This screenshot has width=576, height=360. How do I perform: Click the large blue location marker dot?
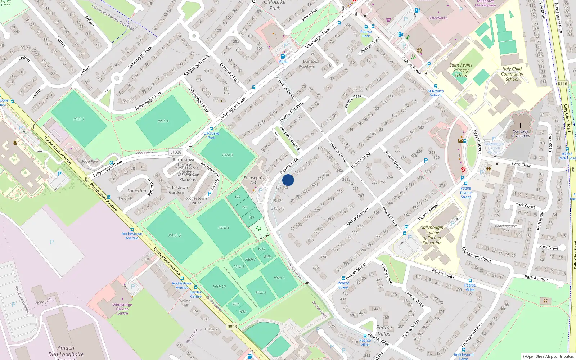288,180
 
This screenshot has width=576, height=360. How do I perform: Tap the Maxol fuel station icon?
283,57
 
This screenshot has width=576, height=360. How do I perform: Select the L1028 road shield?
176,152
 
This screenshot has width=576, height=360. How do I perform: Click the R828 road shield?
232,327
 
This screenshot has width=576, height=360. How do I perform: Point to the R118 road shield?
562,84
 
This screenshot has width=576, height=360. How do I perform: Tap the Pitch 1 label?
79,119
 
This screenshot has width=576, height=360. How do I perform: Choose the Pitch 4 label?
163,121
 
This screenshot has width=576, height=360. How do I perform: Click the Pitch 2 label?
175,235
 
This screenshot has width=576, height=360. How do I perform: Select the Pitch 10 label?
219,287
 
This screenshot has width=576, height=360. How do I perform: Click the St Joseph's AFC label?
254,180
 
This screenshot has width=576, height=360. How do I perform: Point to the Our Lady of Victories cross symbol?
521,126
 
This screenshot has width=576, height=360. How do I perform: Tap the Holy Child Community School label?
512,74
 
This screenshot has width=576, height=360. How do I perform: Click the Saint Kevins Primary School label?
461,70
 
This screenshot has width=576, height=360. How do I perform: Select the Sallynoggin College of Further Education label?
432,235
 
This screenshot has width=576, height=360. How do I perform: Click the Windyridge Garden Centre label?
122,309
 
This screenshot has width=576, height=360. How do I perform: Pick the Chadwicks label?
438,18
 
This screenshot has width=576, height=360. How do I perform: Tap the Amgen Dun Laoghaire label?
66,351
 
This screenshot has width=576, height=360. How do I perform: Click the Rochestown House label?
195,201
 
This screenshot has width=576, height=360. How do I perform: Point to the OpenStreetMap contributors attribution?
549,356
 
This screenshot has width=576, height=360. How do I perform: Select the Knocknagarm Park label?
506,228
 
